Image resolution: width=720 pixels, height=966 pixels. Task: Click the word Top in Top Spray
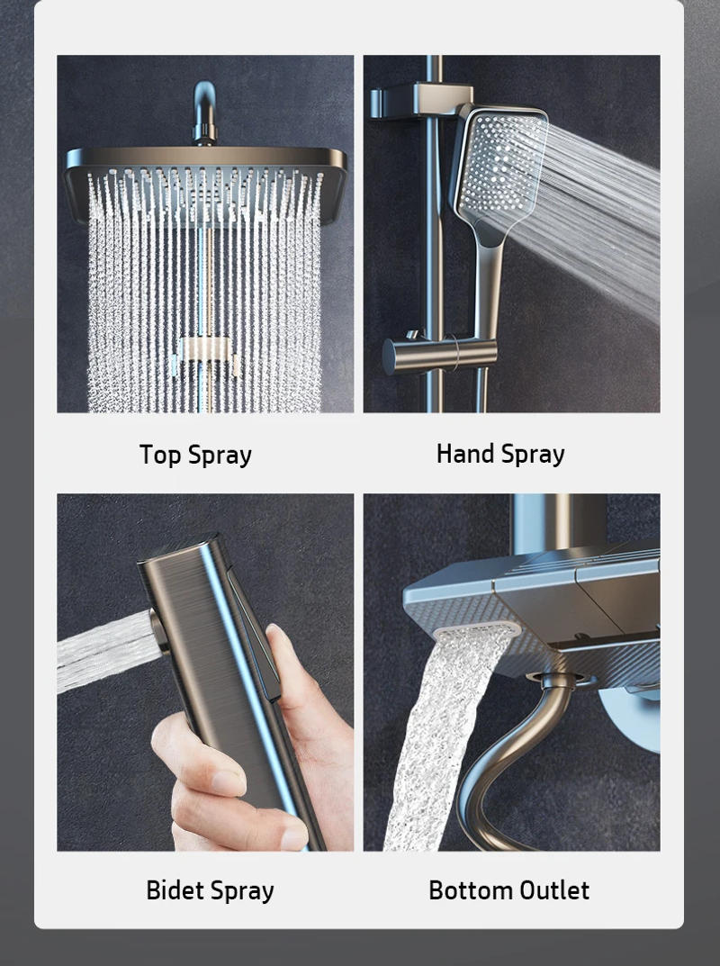(x=160, y=455)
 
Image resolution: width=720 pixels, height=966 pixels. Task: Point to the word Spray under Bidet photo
(x=243, y=891)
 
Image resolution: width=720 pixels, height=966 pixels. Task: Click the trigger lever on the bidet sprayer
(x=256, y=630)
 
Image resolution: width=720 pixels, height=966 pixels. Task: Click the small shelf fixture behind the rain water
(x=206, y=351)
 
